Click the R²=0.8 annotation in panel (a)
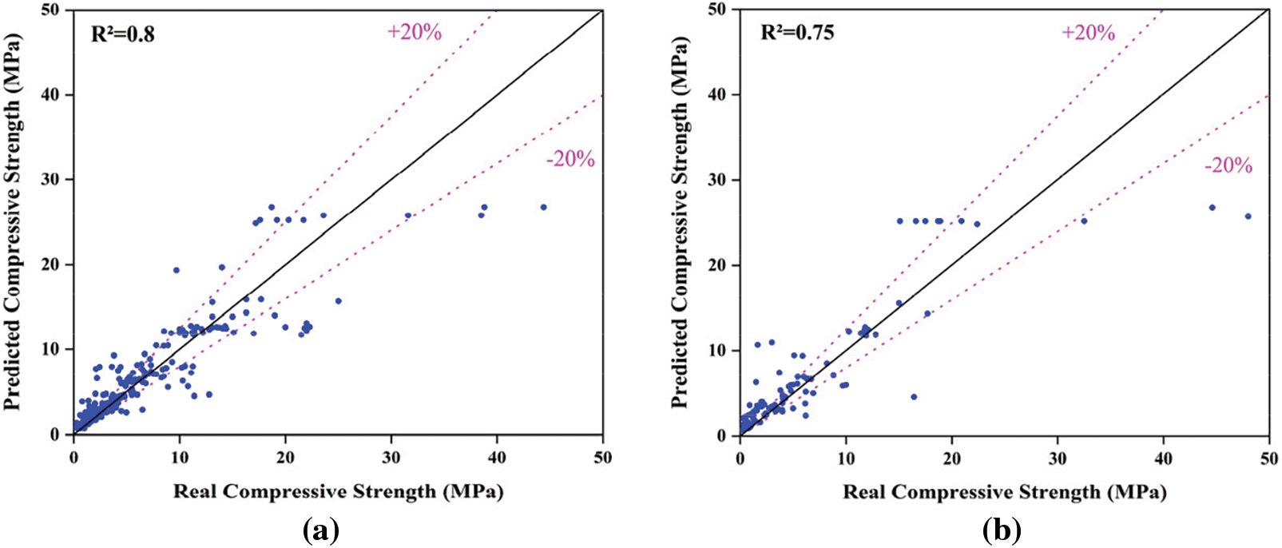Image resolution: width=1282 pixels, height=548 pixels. tap(123, 34)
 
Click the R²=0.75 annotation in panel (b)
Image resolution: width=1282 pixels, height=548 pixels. tap(796, 33)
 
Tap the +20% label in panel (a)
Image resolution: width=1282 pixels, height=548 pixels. tap(414, 32)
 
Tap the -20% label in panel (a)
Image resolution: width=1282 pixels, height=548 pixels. tap(570, 159)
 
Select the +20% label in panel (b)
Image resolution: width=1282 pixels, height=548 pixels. tap(1087, 32)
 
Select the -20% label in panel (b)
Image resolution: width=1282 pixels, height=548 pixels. tap(1228, 165)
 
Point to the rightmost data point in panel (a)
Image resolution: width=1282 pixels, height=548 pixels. tap(543, 207)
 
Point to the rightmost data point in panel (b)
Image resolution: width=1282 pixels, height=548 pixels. tap(1248, 216)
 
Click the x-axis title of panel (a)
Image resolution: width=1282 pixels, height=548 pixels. tap(338, 490)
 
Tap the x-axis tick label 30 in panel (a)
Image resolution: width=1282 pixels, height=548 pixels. tap(391, 457)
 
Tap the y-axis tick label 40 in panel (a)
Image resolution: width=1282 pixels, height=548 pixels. tap(54, 94)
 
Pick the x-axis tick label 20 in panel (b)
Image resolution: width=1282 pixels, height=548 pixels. tap(951, 459)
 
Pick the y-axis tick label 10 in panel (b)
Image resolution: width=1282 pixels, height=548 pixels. tap(720, 351)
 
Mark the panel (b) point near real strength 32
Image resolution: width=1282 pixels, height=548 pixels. tap(1084, 220)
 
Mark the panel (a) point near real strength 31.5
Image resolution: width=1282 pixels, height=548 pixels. tap(407, 216)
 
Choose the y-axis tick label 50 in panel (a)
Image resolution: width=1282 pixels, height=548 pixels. tap(54, 10)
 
